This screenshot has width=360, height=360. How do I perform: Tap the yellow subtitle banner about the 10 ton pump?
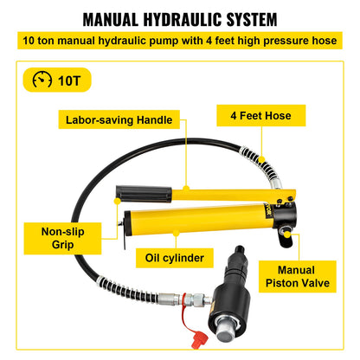pos(179,42)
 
